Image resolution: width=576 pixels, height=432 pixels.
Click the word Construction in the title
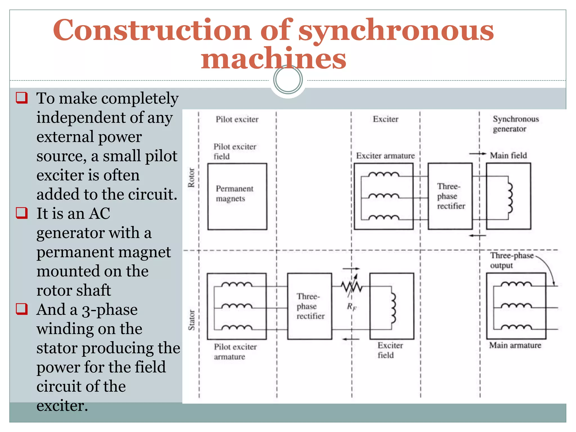click(152, 30)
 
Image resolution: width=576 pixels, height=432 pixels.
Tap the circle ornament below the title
click(288, 79)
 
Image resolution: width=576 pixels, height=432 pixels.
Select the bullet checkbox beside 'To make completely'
click(22, 98)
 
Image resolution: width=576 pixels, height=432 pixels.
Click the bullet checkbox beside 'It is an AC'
click(22, 213)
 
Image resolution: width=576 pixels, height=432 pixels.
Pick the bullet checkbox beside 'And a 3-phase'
click(22, 309)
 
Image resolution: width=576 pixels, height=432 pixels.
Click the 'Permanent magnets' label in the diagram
click(234, 193)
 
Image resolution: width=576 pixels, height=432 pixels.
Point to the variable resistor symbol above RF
click(352, 286)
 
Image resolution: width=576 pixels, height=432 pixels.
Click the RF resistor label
click(352, 306)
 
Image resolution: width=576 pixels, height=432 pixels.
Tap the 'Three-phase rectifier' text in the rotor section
click(451, 196)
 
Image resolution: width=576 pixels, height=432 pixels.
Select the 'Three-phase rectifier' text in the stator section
click(310, 306)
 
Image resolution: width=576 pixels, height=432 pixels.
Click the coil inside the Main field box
click(510, 197)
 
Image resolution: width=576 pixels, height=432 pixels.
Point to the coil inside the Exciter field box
click(393, 308)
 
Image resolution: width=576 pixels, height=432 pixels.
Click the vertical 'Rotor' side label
click(191, 177)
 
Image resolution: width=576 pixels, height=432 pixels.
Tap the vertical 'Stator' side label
click(191, 320)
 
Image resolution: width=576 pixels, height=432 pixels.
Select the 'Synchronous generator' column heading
click(515, 124)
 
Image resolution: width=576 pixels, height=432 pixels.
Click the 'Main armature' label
click(515, 345)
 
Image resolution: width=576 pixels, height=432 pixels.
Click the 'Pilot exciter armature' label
click(235, 352)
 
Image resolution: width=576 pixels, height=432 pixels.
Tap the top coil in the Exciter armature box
click(384, 174)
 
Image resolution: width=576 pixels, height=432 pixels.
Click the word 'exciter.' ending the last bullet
click(62, 406)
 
